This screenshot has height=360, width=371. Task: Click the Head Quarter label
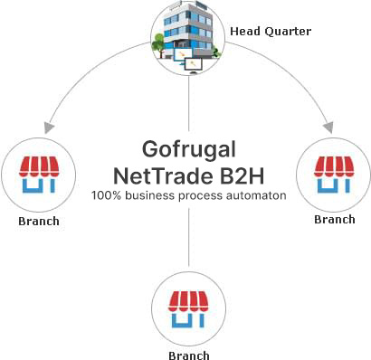coord(271,32)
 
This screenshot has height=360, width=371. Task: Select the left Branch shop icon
coord(37,173)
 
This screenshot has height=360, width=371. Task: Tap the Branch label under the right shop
coord(334,219)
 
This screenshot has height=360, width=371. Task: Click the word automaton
coord(259,194)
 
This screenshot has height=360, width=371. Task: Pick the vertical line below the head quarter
coord(188,104)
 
